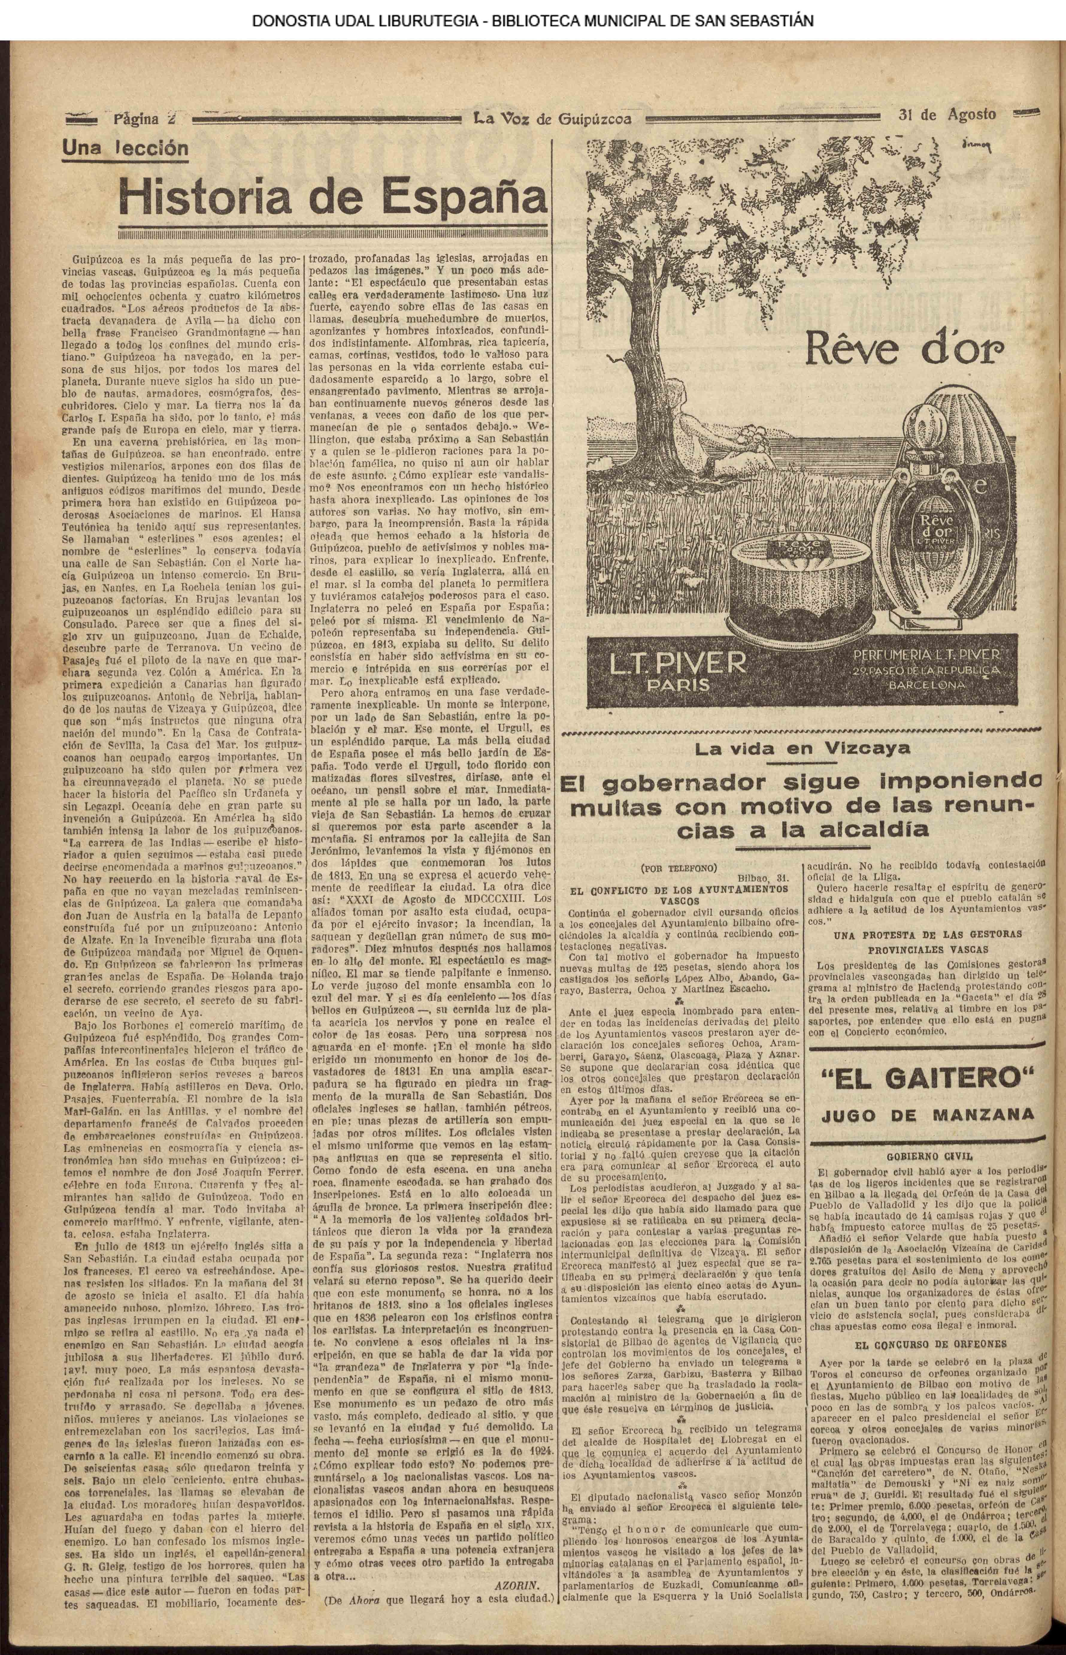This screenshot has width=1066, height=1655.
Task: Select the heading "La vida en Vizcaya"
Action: point(803,749)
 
